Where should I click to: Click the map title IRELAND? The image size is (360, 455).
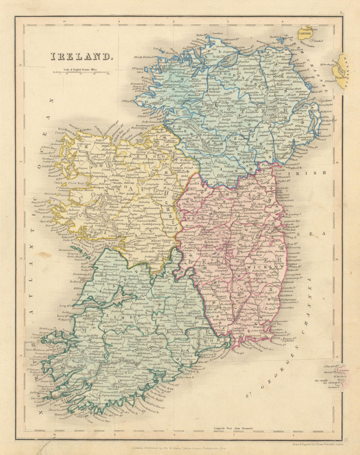coord(81,57)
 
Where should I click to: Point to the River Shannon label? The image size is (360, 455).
coord(103,299)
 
